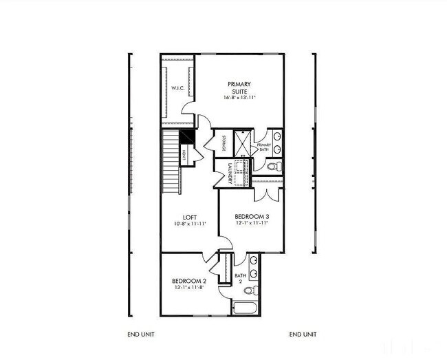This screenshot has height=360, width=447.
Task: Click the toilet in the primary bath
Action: (x=272, y=166)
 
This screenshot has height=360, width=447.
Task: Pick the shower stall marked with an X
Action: (x=242, y=143)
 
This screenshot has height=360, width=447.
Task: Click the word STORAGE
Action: (x=224, y=144)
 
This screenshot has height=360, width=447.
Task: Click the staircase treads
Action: (x=171, y=162)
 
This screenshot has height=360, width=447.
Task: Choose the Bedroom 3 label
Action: (x=251, y=215)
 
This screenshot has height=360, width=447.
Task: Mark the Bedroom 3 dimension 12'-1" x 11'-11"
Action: (x=251, y=223)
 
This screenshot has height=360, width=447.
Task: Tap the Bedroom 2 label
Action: (x=189, y=281)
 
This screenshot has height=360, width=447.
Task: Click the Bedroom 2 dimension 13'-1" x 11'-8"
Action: (x=189, y=288)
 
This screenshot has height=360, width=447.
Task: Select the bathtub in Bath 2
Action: (x=246, y=307)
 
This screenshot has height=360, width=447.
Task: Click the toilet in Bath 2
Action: (x=252, y=290)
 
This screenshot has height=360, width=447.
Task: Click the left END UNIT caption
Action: (x=142, y=335)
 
